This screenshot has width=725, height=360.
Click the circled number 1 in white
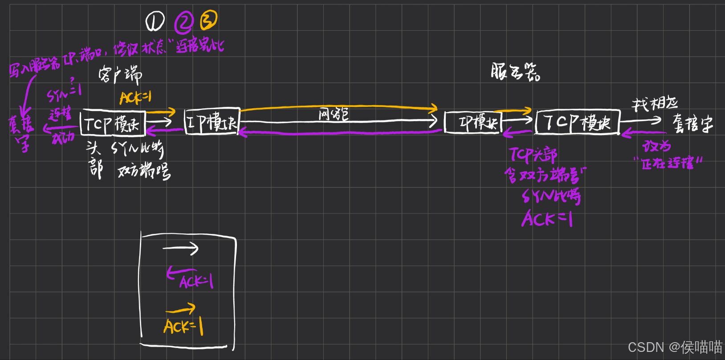pos(155,21)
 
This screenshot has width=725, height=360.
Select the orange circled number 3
pos(208,20)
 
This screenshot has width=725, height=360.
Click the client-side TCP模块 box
pos(113,123)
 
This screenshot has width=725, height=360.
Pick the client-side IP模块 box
pos(212,121)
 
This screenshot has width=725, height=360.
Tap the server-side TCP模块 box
pos(578,122)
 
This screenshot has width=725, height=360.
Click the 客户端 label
pos(120,76)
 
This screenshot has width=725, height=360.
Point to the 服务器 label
pos(516,72)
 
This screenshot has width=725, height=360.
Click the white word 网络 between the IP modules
pos(334,115)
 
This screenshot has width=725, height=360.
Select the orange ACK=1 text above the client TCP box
pos(135,98)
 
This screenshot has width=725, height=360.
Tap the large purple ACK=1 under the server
pos(547,219)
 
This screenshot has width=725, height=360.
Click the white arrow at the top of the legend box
pos(180,249)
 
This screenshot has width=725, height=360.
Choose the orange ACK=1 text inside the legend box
pos(183,327)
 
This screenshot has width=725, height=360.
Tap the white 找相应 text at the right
pos(654,105)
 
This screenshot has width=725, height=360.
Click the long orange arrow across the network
pos(338,107)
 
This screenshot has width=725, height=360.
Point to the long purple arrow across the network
pos(341,133)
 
